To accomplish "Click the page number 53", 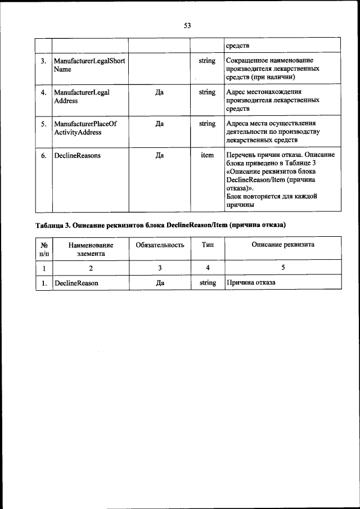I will [187, 25].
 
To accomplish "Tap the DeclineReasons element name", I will [77, 155].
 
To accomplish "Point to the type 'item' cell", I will [207, 155].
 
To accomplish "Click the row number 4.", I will [43, 92].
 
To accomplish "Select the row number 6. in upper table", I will [43, 155].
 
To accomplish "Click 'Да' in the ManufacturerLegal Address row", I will [159, 92].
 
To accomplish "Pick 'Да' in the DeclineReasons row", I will [159, 155].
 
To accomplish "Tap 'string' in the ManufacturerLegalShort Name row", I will [207, 60].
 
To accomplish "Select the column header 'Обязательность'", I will [160, 245].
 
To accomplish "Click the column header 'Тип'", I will [207, 245].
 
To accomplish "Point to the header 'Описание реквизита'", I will [282, 245].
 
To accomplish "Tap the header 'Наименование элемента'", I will [91, 249].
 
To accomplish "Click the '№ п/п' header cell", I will [43, 249].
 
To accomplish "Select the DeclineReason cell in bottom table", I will [76, 283].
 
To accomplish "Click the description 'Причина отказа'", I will [251, 283].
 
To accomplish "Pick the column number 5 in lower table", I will [282, 268].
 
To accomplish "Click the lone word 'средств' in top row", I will [237, 45].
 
